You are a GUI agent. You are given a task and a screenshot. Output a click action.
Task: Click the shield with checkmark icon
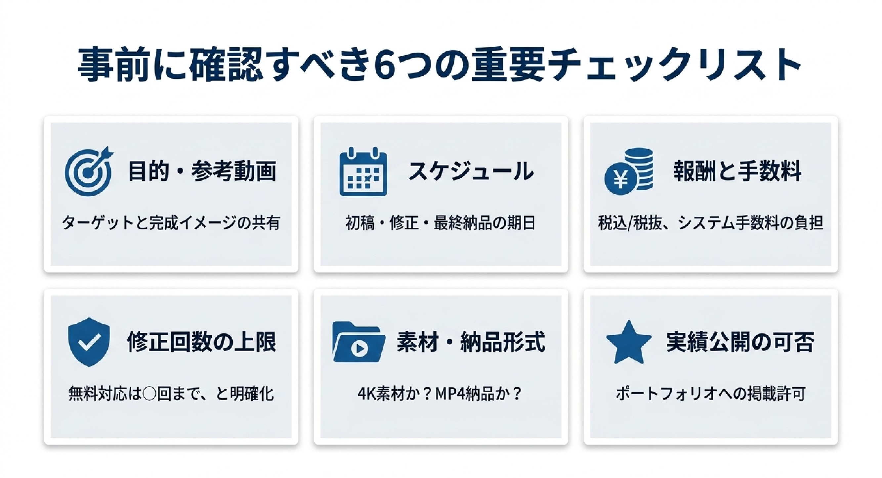[89, 342]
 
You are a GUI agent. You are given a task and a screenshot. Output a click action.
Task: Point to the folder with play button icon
[359, 342]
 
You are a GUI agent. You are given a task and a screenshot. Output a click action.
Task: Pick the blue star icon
[629, 343]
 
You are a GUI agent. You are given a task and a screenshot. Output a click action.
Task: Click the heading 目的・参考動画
[202, 171]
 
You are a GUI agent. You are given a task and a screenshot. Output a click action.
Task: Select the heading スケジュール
[471, 171]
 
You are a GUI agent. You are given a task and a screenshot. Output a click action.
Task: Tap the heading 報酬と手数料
[737, 171]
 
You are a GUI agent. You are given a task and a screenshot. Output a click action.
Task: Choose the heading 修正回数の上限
[201, 342]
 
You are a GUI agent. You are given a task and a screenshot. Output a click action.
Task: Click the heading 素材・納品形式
[471, 342]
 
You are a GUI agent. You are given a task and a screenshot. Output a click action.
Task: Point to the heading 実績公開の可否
[740, 342]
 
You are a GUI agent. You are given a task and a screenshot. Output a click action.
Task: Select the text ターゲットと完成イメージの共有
[171, 223]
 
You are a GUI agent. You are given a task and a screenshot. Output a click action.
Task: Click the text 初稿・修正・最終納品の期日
[441, 223]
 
